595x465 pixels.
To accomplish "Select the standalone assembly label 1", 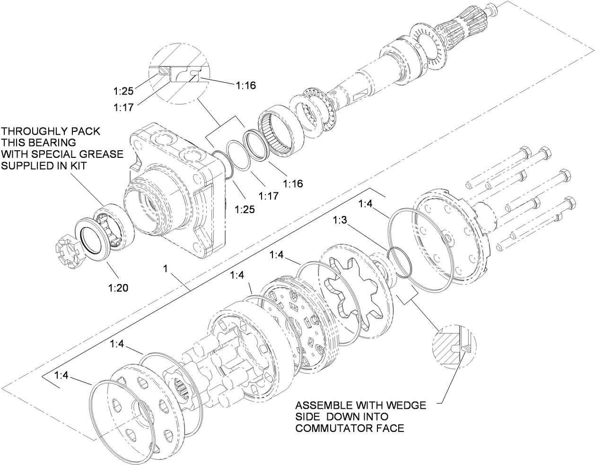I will tap(166, 268).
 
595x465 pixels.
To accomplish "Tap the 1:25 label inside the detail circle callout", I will tap(123, 89).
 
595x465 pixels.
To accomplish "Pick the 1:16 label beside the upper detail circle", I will tap(245, 85).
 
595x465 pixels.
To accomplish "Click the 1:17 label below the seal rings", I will tap(268, 195).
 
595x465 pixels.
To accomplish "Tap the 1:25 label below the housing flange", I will tap(245, 208).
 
